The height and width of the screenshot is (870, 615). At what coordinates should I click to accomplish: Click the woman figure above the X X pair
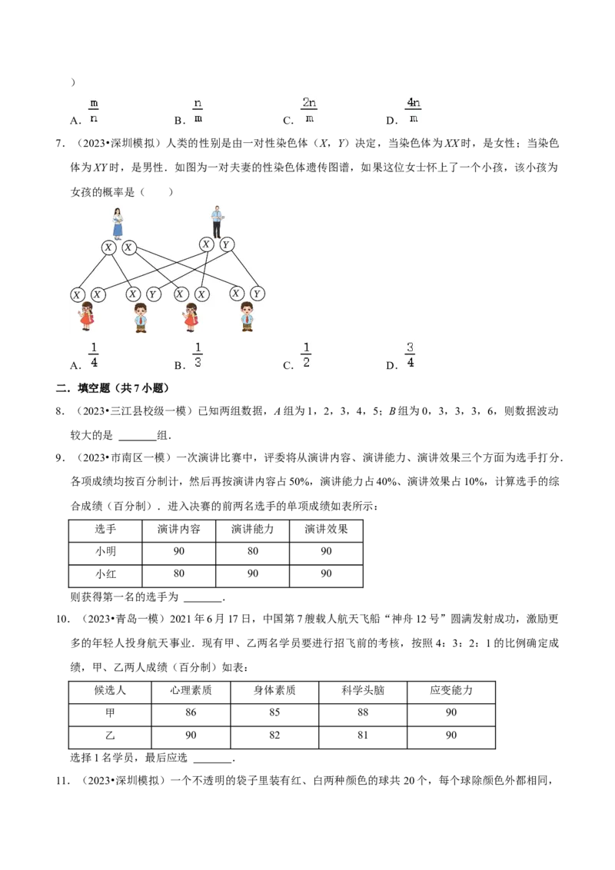[118, 224]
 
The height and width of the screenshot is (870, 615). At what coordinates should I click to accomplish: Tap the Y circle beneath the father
[226, 244]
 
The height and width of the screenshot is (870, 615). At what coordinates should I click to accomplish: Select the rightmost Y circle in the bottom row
[257, 294]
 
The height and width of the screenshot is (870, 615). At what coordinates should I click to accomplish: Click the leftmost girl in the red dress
[87, 317]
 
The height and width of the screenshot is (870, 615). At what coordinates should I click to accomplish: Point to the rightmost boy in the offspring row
[247, 317]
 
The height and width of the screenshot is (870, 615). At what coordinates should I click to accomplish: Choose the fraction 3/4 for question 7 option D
[410, 354]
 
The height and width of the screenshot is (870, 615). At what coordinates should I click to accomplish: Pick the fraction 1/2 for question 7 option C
[306, 354]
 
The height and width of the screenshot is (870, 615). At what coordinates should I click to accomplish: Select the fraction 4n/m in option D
[414, 110]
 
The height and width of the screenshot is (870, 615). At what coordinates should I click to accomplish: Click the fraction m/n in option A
[93, 111]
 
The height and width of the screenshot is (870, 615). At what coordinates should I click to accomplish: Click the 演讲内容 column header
[178, 530]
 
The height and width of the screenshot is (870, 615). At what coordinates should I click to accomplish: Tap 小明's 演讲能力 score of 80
[253, 551]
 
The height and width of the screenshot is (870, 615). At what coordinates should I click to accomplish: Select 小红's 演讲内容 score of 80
[178, 573]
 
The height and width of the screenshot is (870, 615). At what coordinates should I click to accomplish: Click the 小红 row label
[105, 573]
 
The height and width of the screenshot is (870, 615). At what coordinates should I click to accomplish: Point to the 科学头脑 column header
[363, 690]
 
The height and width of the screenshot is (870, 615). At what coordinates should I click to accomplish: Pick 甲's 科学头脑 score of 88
[363, 712]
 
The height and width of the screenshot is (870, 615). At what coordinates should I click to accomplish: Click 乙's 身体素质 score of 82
[274, 736]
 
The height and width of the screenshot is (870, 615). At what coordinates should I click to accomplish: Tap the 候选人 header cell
[110, 690]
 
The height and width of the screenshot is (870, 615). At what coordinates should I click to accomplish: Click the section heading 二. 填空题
[112, 388]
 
